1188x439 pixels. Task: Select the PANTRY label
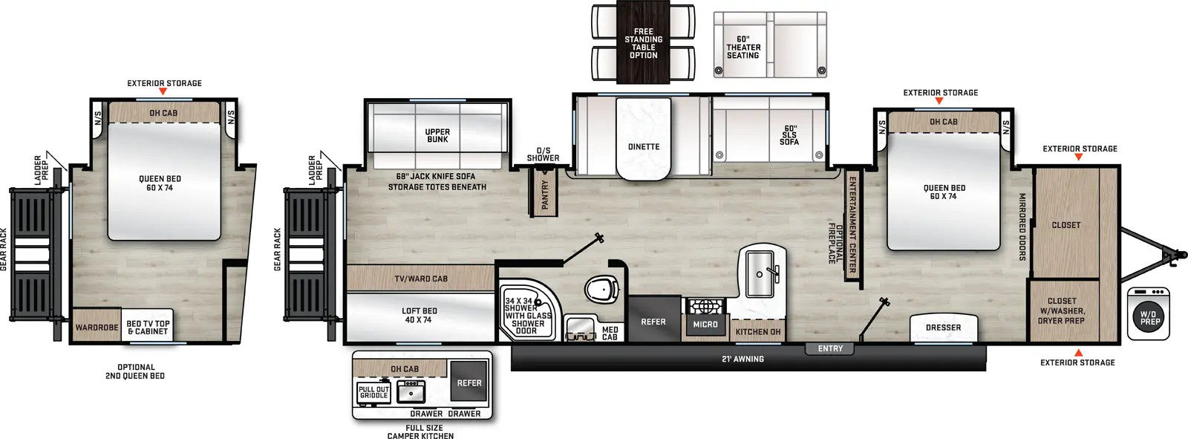point(545,195)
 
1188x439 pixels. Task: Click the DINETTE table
point(643,139)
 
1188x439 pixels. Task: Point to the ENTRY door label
point(830,349)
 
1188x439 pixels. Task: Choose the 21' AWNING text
point(742,360)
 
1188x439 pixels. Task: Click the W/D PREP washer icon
point(1150,313)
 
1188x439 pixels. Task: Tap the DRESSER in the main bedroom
point(944,328)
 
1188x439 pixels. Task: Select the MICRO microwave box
point(705,325)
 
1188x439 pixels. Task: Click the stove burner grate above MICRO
point(705,306)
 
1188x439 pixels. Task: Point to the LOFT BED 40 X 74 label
point(419,315)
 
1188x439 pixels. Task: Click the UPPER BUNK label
point(437,135)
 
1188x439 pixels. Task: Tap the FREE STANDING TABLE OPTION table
point(643,42)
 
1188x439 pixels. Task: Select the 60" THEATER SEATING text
point(743,48)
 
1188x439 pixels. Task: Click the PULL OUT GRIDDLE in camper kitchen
point(374,393)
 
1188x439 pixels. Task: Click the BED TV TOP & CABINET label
point(148,328)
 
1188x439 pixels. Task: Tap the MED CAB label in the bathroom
point(610,334)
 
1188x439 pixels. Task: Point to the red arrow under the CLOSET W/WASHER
point(1078,353)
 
